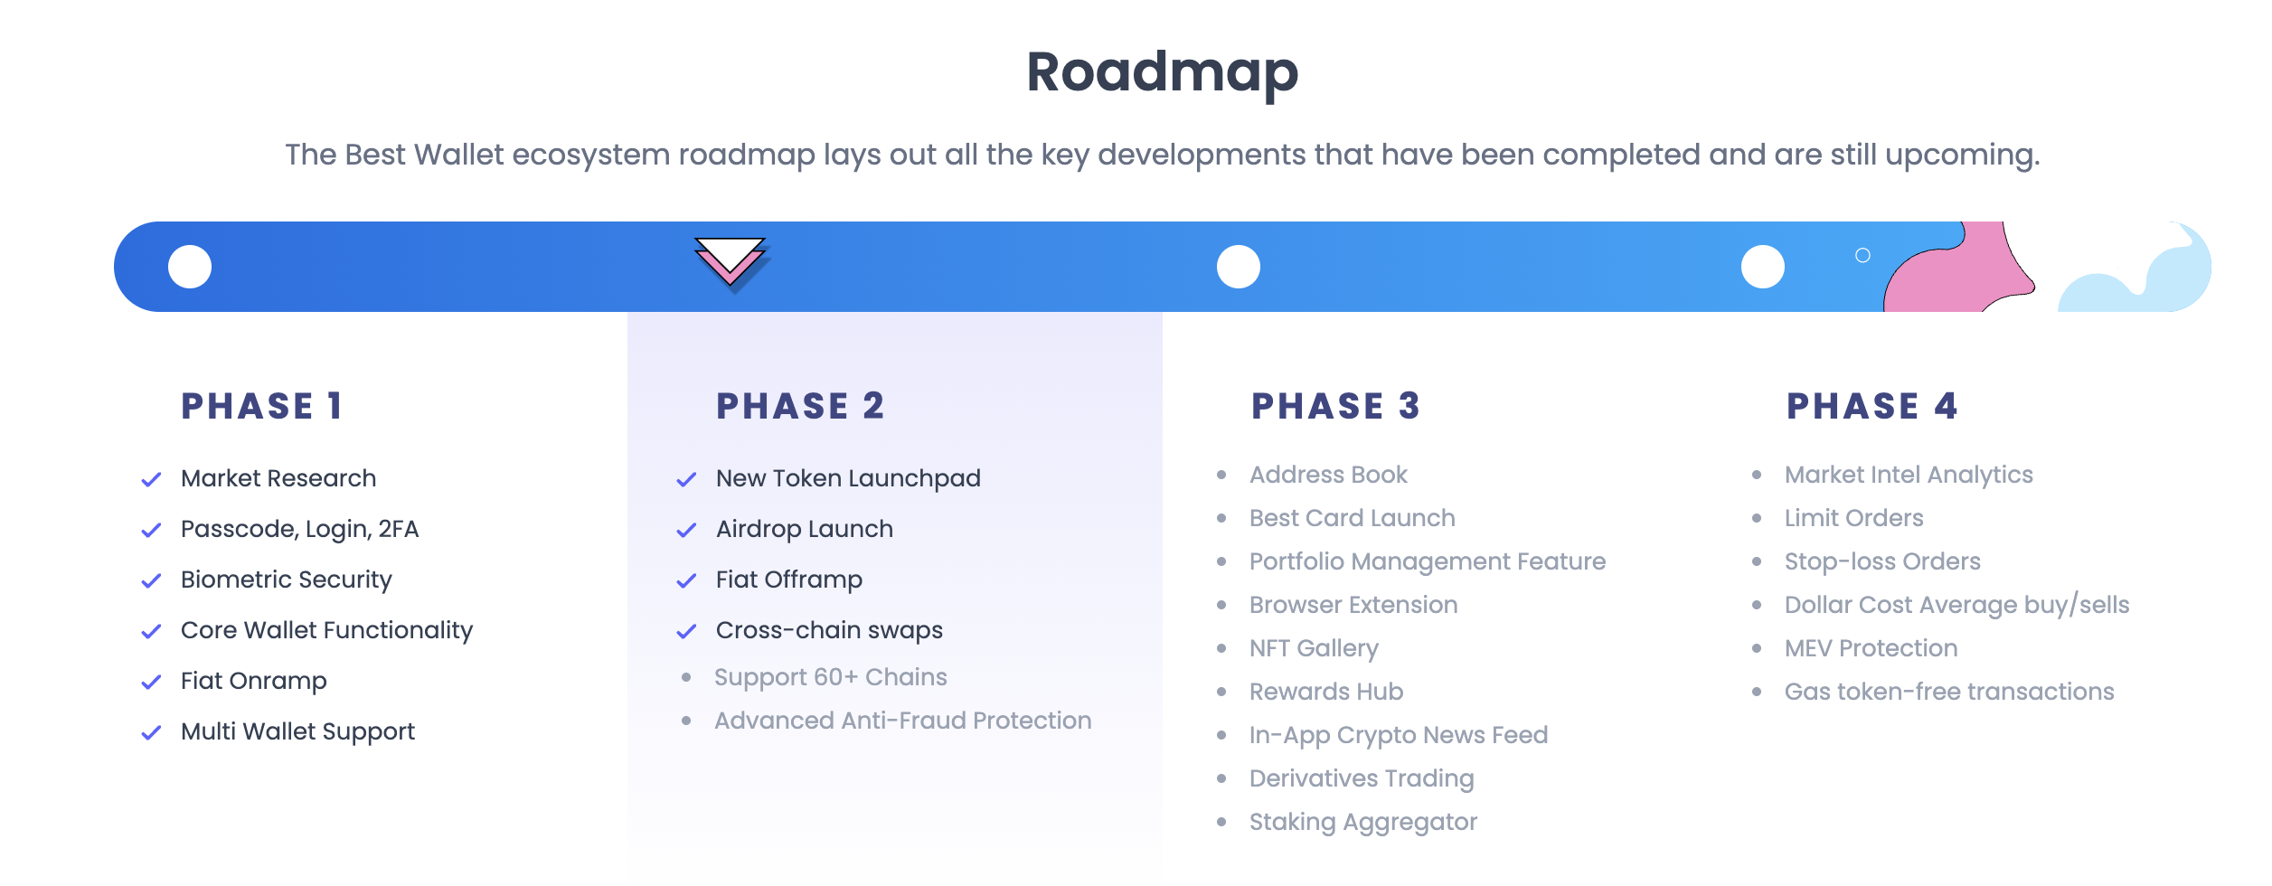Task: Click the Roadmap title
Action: pyautogui.click(x=1162, y=72)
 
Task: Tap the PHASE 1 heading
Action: pyautogui.click(x=262, y=406)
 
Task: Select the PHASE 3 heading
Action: pyautogui.click(x=1335, y=406)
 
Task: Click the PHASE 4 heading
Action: pyautogui.click(x=1871, y=406)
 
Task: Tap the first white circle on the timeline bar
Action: pyautogui.click(x=190, y=267)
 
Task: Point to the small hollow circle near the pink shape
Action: pyautogui.click(x=1862, y=255)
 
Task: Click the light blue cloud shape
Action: pyautogui.click(x=2143, y=280)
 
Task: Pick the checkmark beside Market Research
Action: pyautogui.click(x=151, y=479)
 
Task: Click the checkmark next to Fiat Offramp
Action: pyautogui.click(x=686, y=580)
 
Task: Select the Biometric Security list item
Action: pyautogui.click(x=286, y=580)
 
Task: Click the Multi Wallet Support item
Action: pyautogui.click(x=297, y=731)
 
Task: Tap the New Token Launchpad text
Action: pyautogui.click(x=847, y=478)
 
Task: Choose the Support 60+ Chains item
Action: pyautogui.click(x=830, y=677)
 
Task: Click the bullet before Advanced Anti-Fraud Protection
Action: pyautogui.click(x=686, y=721)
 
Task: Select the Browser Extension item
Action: pyautogui.click(x=1353, y=605)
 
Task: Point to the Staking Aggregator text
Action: pyautogui.click(x=1362, y=822)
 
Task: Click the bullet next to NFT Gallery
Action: pyautogui.click(x=1221, y=648)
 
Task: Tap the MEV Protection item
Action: pyautogui.click(x=1871, y=648)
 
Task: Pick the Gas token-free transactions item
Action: pyautogui.click(x=1948, y=692)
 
